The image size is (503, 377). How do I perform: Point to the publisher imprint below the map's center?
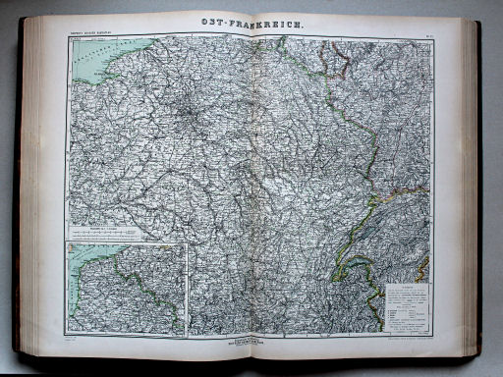click(x=252, y=341)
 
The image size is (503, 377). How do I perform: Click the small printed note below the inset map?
click(x=74, y=340)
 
